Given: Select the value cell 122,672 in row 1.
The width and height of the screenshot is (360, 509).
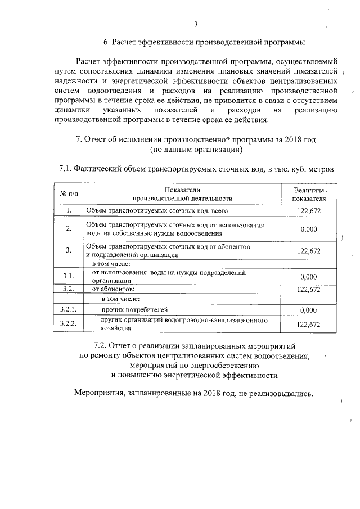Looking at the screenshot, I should click(x=308, y=211).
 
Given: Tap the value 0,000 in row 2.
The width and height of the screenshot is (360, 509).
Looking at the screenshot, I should click(x=308, y=229).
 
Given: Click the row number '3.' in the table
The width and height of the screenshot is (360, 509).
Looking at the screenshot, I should click(x=68, y=250).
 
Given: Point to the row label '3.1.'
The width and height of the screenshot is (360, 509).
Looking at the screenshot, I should click(x=68, y=276).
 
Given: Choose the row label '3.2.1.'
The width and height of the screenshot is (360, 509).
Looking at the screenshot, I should click(x=68, y=309).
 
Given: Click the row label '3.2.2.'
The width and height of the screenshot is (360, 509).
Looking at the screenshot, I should click(x=68, y=323).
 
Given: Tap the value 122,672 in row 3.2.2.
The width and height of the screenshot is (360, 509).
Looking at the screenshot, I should click(x=308, y=324).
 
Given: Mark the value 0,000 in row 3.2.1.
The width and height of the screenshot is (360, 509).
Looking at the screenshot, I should click(x=308, y=310).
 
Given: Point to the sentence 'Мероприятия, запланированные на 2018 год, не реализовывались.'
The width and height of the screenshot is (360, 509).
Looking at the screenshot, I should click(x=193, y=393).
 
